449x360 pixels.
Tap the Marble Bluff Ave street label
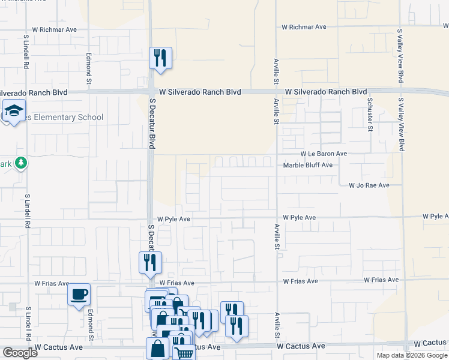click(307, 165)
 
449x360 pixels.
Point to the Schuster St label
click(370, 115)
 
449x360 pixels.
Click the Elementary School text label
click(64, 118)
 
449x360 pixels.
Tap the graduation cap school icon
click(13, 110)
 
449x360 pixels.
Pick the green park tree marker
click(21, 163)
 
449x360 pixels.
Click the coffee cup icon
click(79, 295)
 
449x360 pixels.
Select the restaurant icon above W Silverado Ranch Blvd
click(160, 58)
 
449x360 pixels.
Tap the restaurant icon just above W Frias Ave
click(150, 262)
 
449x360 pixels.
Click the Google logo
click(20, 353)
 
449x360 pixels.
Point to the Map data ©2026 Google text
click(412, 355)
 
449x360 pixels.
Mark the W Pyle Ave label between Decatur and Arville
click(173, 220)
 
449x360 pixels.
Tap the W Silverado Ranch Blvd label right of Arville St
click(325, 92)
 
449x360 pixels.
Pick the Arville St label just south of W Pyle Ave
click(277, 237)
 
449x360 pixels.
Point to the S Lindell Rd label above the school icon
click(26, 52)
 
